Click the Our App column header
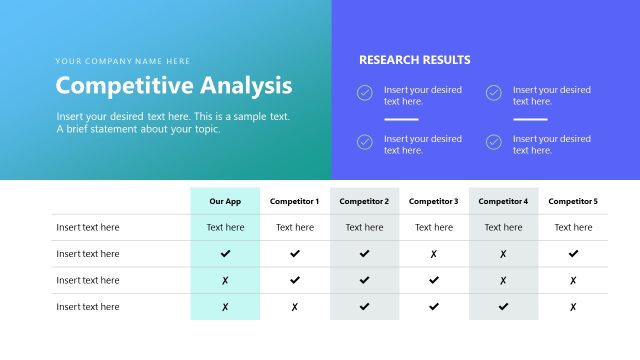pyautogui.click(x=225, y=201)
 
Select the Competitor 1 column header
pyautogui.click(x=294, y=201)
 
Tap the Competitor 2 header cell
pyautogui.click(x=364, y=201)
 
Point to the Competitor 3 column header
pyautogui.click(x=434, y=201)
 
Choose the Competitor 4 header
pyautogui.click(x=503, y=201)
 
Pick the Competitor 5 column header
pyautogui.click(x=573, y=201)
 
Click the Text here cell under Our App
pyautogui.click(x=225, y=227)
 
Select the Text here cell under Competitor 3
pyautogui.click(x=434, y=227)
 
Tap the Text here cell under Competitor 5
pyautogui.click(x=573, y=227)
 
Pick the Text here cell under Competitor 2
pyautogui.click(x=364, y=227)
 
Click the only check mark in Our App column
pyautogui.click(x=225, y=254)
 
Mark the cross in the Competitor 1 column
pyautogui.click(x=294, y=307)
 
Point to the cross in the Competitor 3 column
pyautogui.click(x=434, y=254)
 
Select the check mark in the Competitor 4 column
pyautogui.click(x=503, y=307)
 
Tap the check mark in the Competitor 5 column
pyautogui.click(x=573, y=254)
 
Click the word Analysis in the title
pyautogui.click(x=246, y=86)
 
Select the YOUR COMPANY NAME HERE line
pyautogui.click(x=123, y=61)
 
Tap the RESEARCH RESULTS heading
pyautogui.click(x=414, y=60)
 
